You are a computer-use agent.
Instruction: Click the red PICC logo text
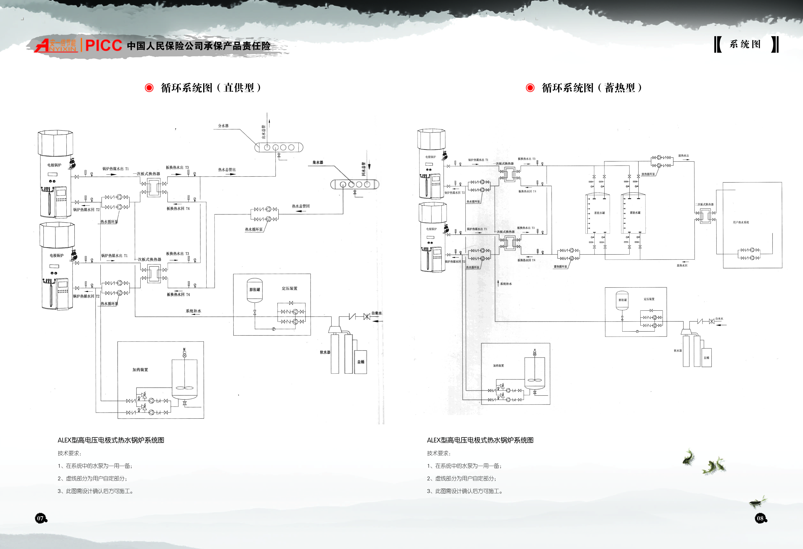pyautogui.click(x=103, y=45)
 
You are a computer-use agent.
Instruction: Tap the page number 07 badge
pyautogui.click(x=40, y=518)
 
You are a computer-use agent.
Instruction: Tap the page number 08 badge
pyautogui.click(x=760, y=518)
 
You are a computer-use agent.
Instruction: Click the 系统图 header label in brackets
pyautogui.click(x=745, y=44)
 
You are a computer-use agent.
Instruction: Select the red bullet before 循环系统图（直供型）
pyautogui.click(x=149, y=88)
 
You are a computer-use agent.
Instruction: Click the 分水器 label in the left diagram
pyautogui.click(x=223, y=126)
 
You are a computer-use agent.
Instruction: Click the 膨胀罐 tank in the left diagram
pyautogui.click(x=255, y=290)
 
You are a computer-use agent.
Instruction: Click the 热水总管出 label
pyautogui.click(x=227, y=170)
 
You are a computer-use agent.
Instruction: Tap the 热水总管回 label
pyautogui.click(x=301, y=206)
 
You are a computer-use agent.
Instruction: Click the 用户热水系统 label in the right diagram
pyautogui.click(x=741, y=222)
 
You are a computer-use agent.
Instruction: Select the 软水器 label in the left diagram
pyautogui.click(x=325, y=352)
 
